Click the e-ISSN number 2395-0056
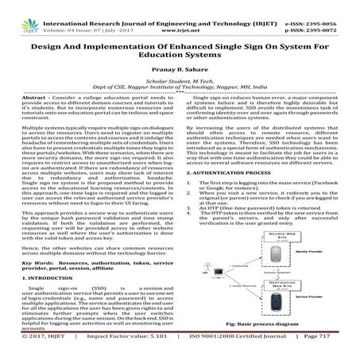pos(328,5)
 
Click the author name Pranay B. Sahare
pos(180,59)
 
